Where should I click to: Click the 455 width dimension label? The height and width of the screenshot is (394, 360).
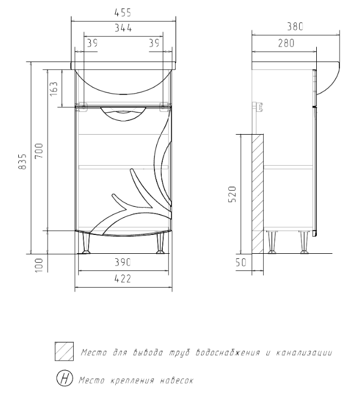(123, 13)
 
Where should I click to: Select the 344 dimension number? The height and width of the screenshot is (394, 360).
(123, 28)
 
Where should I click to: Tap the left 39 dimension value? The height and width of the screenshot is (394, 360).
(92, 43)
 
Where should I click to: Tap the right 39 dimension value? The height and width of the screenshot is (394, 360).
(155, 43)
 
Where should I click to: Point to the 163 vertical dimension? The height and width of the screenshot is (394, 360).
(54, 89)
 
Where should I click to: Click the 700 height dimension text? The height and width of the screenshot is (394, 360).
(39, 151)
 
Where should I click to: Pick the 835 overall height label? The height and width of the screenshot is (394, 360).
(22, 162)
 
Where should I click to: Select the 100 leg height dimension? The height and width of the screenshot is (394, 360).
(39, 265)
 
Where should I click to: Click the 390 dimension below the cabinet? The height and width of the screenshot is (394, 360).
(123, 262)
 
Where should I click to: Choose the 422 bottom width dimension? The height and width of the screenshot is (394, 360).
(123, 279)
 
